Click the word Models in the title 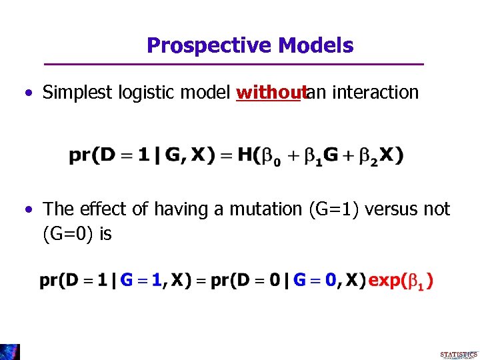[316, 45]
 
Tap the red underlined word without [269, 92]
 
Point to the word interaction [375, 92]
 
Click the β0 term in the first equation [271, 157]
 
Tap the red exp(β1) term [401, 280]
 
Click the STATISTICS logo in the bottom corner [459, 353]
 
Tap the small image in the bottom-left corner [10, 351]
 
